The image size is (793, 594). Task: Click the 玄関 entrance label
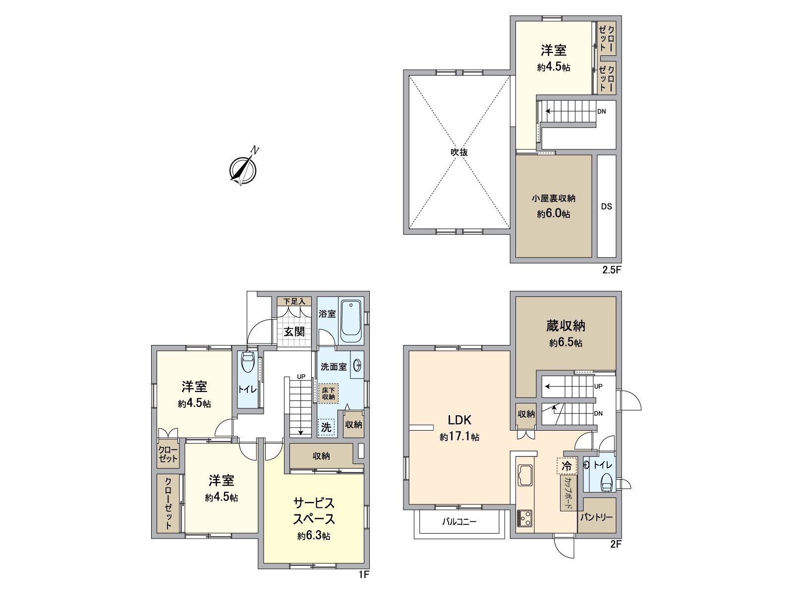tap(294, 331)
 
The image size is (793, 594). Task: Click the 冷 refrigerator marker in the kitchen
tap(566, 466)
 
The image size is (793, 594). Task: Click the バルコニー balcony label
tap(459, 521)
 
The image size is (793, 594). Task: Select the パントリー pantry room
tap(597, 517)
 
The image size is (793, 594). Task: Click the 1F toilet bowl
tap(247, 362)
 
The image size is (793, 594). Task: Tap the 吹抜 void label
tap(459, 152)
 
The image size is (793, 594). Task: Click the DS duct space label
tap(607, 207)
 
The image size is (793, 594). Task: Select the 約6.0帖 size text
tap(553, 214)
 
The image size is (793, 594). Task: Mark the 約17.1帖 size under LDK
tap(459, 437)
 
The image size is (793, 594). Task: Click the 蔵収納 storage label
tap(566, 326)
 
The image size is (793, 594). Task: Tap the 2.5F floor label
tap(611, 270)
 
